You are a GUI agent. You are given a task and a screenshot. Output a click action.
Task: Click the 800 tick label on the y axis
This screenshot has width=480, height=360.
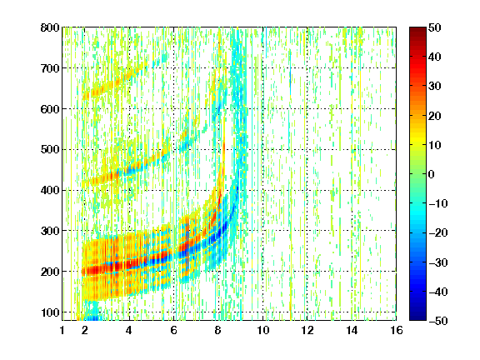coord(50,27)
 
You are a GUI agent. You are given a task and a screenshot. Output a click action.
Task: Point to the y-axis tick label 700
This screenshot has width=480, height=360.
coord(50,68)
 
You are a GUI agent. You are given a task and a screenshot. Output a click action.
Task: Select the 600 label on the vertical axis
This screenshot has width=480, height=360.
coord(50,109)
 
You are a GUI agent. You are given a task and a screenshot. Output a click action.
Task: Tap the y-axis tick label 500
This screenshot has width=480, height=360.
coord(50,150)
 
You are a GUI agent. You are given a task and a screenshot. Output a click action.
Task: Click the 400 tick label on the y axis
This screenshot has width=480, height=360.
coord(50,190)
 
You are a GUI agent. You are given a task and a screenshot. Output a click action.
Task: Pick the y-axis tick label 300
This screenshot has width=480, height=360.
coord(50,231)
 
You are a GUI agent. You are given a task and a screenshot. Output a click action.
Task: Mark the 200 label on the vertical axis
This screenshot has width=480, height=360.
coord(50,272)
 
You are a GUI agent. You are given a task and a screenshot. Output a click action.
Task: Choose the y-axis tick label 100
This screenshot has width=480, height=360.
coord(50,312)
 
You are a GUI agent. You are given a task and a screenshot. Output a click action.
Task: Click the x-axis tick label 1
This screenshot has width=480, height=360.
coord(62,330)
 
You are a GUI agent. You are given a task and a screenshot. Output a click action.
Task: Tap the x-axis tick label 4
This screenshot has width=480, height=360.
coord(129,330)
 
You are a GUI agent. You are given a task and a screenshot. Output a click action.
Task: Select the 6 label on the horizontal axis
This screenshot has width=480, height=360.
coord(173,330)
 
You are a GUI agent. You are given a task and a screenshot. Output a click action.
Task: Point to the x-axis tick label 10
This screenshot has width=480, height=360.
coord(262,330)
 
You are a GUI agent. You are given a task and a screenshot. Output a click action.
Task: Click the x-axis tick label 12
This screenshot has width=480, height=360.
coord(307,330)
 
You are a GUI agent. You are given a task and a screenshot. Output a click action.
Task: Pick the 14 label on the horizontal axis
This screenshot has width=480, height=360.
coord(352,330)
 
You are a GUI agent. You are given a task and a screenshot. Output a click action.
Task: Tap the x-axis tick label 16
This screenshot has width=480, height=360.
coord(396,330)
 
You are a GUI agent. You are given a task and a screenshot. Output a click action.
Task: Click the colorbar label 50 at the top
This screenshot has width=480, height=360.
coord(434,27)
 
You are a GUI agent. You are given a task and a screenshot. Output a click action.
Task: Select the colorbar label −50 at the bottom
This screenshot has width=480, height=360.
coord(437,321)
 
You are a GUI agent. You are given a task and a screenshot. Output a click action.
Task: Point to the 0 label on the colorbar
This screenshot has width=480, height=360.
coord(432,174)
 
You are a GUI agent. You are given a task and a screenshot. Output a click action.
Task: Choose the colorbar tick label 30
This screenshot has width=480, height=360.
coord(434,87)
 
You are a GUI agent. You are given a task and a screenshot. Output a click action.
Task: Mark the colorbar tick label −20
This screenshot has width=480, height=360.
coord(437,233)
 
